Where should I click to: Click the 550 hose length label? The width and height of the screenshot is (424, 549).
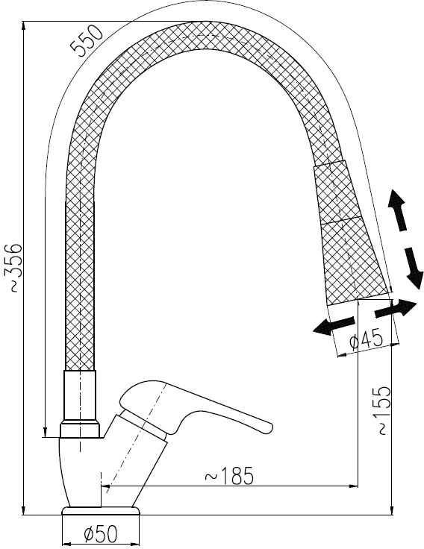[x=86, y=41]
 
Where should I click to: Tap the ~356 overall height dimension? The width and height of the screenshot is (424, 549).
[x=13, y=268]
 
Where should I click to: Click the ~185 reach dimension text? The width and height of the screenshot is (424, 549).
[x=228, y=476]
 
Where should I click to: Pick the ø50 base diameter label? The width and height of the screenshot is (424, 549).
[x=101, y=534]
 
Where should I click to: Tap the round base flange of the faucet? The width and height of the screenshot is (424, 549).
[x=101, y=510]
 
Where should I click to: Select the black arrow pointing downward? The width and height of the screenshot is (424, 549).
[x=414, y=269]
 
